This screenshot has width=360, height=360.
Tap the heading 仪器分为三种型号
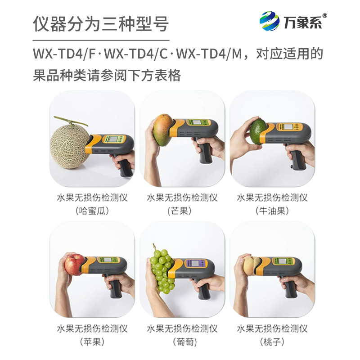click(x=101, y=23)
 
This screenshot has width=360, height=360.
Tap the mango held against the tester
click(x=162, y=130)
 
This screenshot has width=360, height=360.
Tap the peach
click(x=252, y=265)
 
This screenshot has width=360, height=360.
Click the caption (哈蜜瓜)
click(x=92, y=211)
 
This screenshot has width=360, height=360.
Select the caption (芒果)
click(x=182, y=211)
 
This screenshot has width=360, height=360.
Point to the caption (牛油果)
click(x=272, y=211)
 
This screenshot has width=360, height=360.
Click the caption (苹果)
click(x=92, y=342)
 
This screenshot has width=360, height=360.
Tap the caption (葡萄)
click(x=182, y=342)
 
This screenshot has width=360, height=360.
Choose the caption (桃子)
click(x=272, y=342)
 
